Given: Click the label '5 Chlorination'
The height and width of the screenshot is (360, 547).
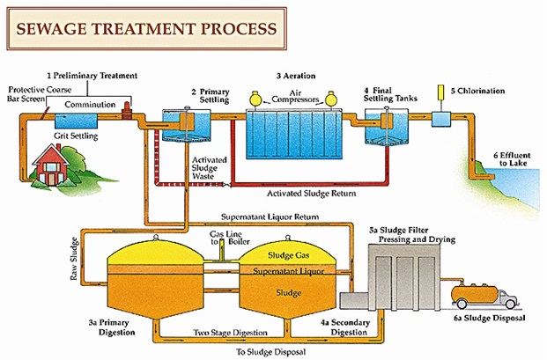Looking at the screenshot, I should pos(479,90).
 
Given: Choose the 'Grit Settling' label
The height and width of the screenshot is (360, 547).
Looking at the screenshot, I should pos(78,137).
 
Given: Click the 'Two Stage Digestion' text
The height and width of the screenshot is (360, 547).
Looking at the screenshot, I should pos(228,334).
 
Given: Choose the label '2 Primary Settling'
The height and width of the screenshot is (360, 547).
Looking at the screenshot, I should pos(211,95).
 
